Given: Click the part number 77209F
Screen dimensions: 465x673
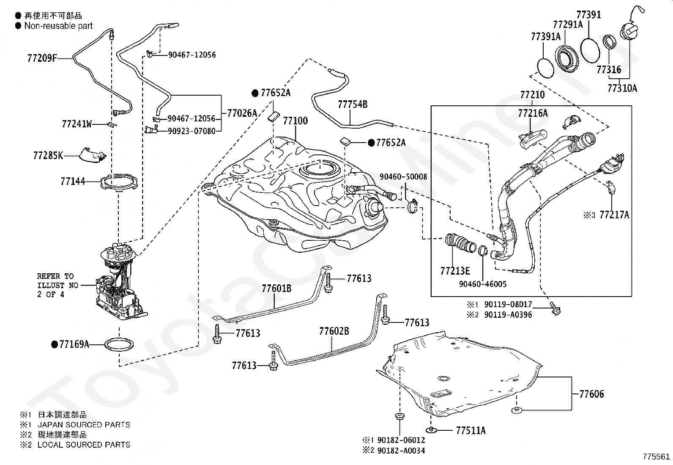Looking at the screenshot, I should (42, 58).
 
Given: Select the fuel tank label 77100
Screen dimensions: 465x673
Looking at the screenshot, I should (295, 121).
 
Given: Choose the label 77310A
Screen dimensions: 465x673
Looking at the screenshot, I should (622, 88).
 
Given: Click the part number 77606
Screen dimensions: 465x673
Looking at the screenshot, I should (591, 394).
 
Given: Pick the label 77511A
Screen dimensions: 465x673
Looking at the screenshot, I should (471, 431).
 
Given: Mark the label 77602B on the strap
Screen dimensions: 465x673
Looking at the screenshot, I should (334, 331).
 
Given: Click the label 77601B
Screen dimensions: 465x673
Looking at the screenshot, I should (276, 289).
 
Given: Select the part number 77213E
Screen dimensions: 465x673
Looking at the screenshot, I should (455, 271).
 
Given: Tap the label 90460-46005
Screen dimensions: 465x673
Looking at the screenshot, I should (482, 284).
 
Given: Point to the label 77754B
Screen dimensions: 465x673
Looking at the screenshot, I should (353, 104).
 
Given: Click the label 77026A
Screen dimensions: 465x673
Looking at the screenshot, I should (242, 113).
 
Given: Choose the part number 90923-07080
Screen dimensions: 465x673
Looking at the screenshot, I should (191, 131).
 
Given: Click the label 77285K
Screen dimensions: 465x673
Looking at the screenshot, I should (48, 156).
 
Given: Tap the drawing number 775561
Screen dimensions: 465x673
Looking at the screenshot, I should (656, 457).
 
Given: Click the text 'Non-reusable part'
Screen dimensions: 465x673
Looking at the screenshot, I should (58, 26).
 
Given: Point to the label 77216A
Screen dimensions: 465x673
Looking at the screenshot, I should (533, 113).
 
